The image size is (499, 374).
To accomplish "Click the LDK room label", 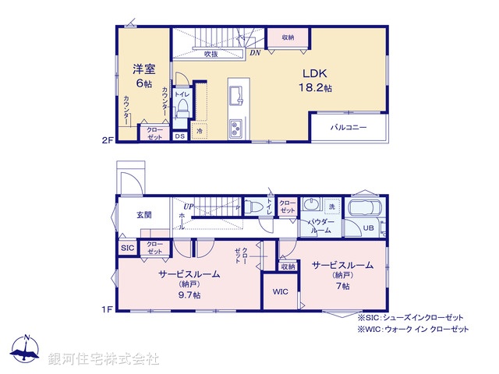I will tap(314, 75).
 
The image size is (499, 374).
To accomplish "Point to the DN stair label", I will tap(255, 53).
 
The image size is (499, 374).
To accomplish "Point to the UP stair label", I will tap(189, 206).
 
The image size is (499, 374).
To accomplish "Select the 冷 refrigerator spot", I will tap(200, 132).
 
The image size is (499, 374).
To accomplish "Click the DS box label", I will tap(179, 136).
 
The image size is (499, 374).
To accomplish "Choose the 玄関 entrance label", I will tap(144, 214).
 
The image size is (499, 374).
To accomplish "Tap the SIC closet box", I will tap(127, 248).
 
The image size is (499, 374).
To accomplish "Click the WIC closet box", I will tap(280, 291).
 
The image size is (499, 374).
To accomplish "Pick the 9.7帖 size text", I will tap(189, 295).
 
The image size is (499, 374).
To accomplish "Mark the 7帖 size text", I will tap(343, 287).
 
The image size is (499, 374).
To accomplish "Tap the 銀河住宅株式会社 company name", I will tap(104, 359).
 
